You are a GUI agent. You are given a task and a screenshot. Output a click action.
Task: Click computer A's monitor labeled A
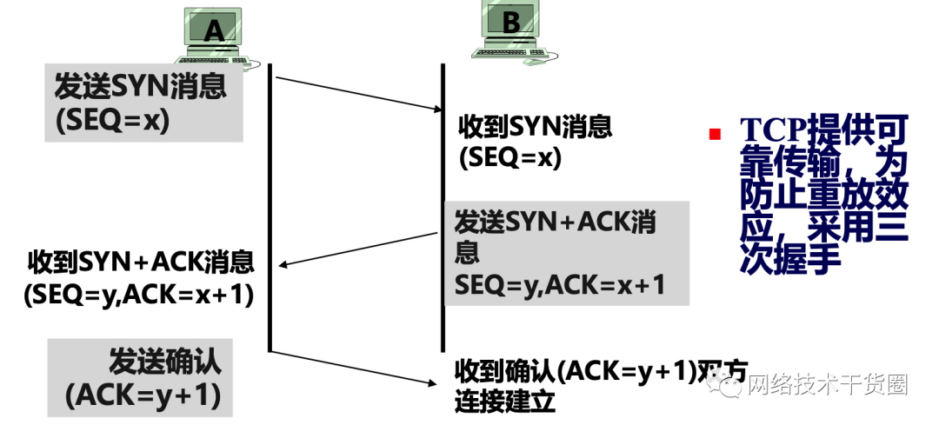(213, 30)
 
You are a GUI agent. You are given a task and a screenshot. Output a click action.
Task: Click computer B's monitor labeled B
(510, 23)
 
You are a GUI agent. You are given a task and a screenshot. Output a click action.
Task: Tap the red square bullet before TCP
(716, 133)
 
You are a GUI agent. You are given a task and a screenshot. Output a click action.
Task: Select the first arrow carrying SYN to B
(356, 94)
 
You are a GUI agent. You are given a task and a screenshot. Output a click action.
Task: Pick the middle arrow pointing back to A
(356, 249)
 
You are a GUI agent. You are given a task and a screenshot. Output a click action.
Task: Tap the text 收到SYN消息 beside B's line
(535, 127)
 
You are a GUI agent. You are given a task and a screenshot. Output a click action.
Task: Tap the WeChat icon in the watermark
(728, 385)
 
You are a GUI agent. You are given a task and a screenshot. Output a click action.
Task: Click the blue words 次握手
(792, 258)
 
